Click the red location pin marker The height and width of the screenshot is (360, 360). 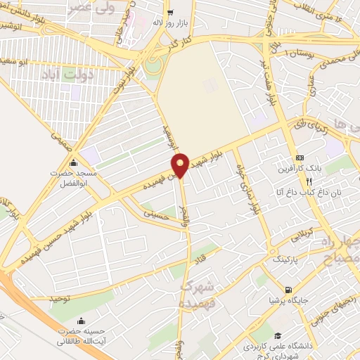point(181,165)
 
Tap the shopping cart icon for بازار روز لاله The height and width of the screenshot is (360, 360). point(169,13)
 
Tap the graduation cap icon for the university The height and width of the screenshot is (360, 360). point(278,336)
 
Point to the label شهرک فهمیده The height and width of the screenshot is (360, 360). point(195,294)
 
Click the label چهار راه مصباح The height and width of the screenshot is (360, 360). point(340,255)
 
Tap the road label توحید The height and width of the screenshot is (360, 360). point(62,298)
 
